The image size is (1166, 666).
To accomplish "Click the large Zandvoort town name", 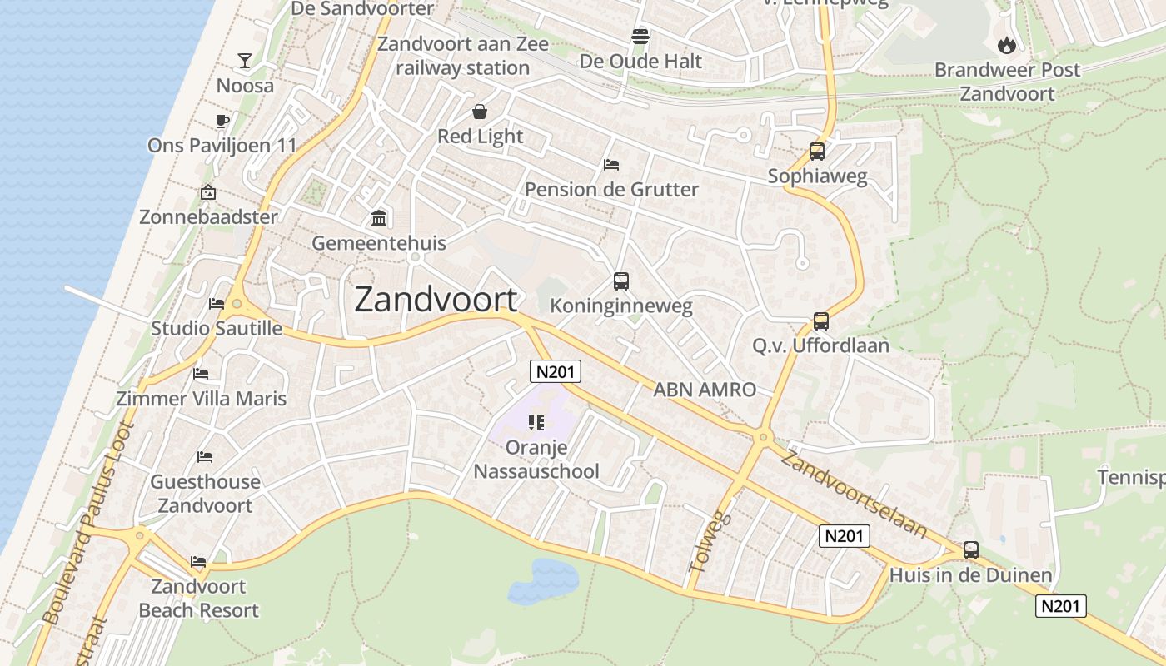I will [436, 300].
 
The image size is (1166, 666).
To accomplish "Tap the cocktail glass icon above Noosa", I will [245, 60].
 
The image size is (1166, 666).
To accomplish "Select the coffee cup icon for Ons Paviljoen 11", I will [222, 121].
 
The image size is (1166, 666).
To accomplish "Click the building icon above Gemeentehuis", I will [379, 218].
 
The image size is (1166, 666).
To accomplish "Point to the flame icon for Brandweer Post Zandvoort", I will [1007, 45].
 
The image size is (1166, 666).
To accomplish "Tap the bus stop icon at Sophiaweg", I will [817, 152].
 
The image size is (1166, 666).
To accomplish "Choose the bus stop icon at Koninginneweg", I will [621, 281].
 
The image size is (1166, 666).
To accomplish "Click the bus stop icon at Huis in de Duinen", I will [971, 549].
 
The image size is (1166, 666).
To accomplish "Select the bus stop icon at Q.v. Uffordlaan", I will [821, 321].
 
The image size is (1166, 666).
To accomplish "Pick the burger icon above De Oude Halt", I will [640, 37].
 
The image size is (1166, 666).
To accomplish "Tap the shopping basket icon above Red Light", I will [480, 112].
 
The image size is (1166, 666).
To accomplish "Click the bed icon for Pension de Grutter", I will [611, 165].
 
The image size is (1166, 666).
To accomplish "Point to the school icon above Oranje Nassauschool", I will [536, 423].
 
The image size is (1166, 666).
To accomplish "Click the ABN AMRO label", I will [705, 389].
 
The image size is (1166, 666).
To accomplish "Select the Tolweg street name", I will [710, 541].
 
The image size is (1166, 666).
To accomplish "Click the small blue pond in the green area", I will [544, 580].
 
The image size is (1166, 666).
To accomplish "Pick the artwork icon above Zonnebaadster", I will [208, 193].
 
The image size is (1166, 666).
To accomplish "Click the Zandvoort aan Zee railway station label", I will [463, 56].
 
